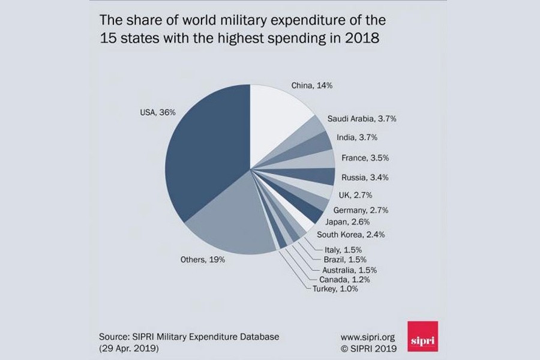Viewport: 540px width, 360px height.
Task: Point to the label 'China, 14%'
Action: [x=312, y=86]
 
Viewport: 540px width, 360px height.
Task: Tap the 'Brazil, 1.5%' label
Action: [x=343, y=259]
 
